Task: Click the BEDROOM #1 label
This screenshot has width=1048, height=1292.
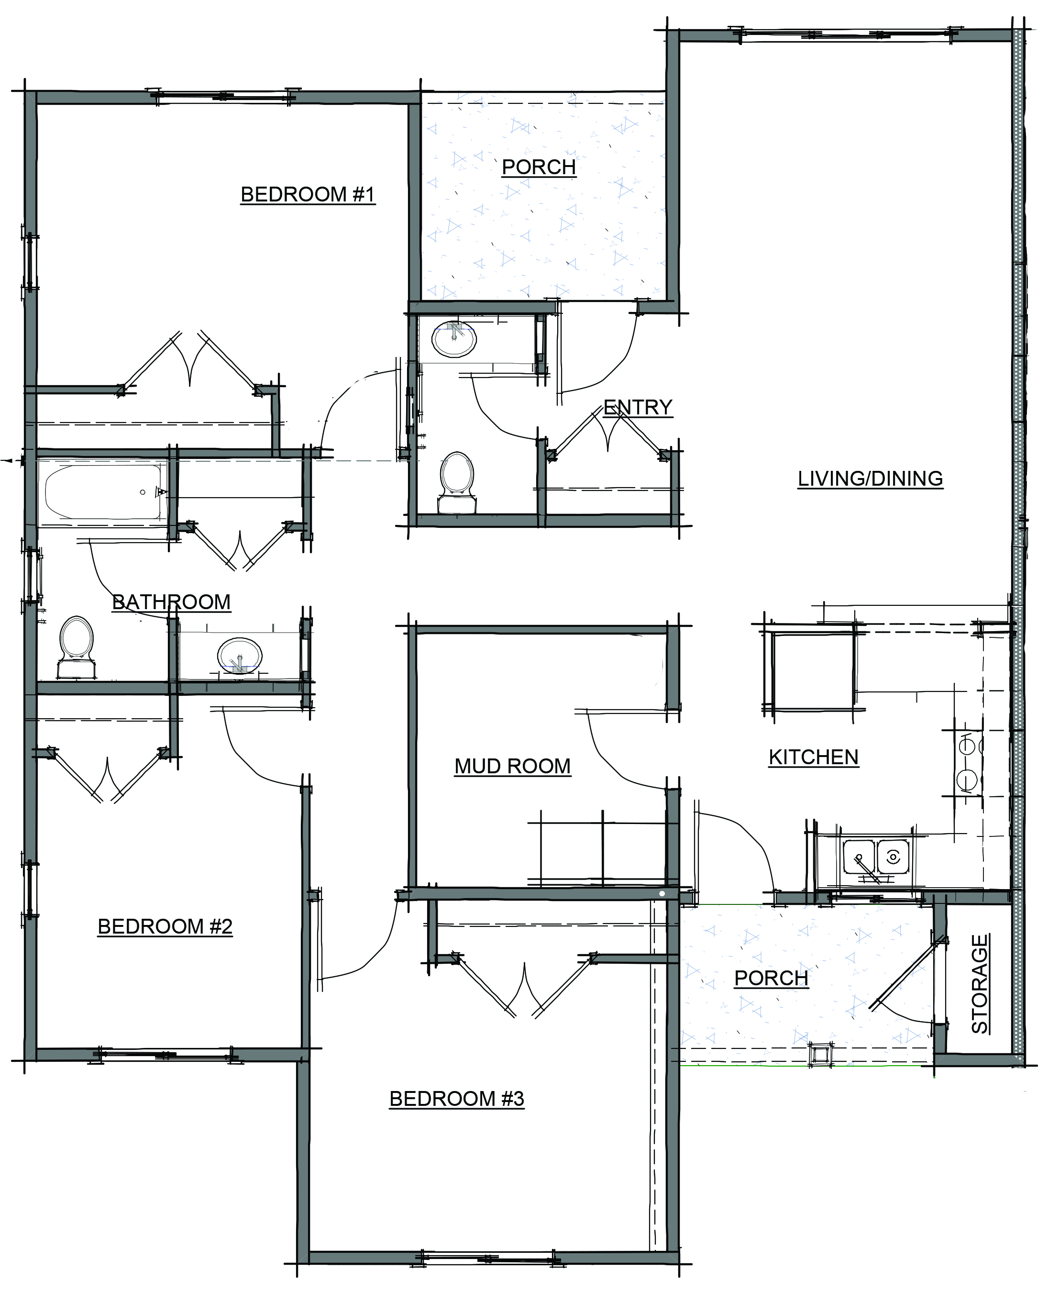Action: coord(308,194)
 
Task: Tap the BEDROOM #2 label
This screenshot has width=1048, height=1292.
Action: coord(165,926)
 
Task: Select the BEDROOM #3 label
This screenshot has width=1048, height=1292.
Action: coord(456,1098)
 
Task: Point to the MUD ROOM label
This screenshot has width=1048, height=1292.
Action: coord(513,766)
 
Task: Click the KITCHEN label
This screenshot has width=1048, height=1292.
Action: coord(813,757)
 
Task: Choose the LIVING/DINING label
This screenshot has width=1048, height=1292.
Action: coord(870,479)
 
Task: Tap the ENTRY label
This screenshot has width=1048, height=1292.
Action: coord(638,407)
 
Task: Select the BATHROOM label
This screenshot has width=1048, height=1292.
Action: coord(171,601)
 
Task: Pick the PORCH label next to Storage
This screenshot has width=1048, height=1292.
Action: coord(772,978)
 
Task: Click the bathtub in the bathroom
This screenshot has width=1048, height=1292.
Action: coord(103,493)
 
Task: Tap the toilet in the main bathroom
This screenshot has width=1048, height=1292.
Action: coord(77,647)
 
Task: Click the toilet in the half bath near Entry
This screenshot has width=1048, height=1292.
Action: coord(457,483)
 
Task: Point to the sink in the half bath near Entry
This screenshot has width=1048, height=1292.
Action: coord(454,339)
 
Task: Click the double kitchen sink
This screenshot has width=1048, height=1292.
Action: coord(876,857)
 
